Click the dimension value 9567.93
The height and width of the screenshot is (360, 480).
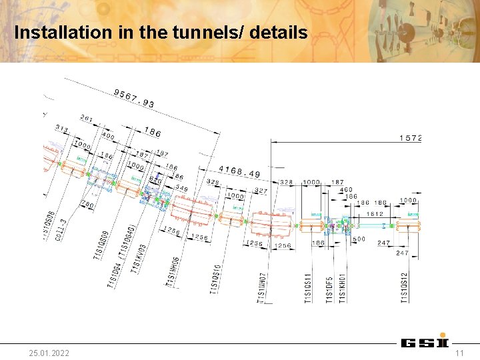click(134, 97)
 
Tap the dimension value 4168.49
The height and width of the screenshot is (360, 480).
click(241, 172)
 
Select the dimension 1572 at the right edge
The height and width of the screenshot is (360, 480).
click(410, 138)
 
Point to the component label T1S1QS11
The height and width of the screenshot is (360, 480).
click(307, 288)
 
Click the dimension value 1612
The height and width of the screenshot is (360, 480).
click(375, 214)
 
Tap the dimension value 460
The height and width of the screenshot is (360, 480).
click(346, 190)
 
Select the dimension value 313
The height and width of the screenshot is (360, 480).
click(62, 127)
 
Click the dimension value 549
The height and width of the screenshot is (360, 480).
click(181, 189)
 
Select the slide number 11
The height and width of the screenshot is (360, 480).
click(459, 352)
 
